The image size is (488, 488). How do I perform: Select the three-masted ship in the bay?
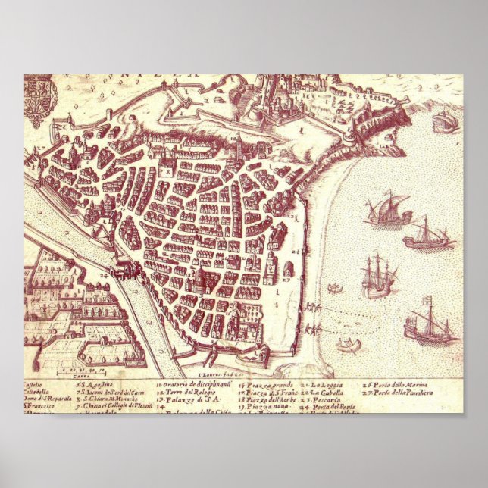click(375, 276)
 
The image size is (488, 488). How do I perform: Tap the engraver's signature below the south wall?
click(220, 374)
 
